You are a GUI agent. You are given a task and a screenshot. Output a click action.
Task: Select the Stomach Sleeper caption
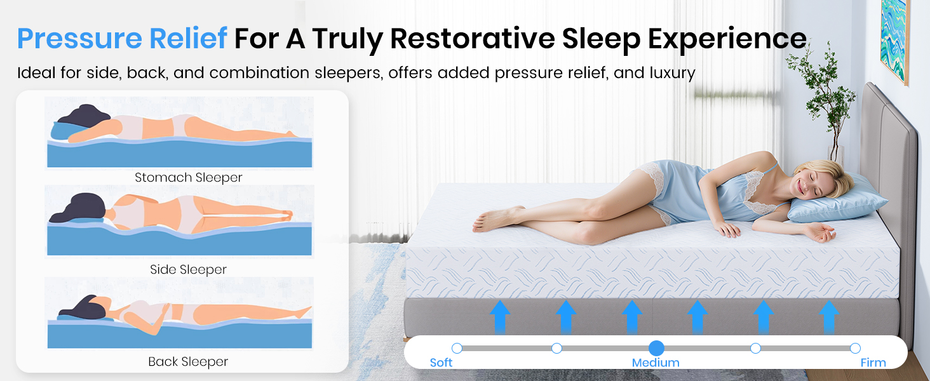[x=189, y=178]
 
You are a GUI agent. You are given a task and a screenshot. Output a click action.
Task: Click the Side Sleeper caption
[x=189, y=270]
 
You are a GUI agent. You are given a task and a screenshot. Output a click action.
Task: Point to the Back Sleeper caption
[x=188, y=362]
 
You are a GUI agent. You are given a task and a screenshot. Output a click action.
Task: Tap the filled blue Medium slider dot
[x=656, y=348]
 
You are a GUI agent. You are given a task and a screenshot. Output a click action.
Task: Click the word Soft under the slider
[x=441, y=363]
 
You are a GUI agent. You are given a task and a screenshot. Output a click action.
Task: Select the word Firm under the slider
[x=873, y=363]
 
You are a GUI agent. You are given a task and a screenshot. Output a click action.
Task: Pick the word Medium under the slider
[x=656, y=363]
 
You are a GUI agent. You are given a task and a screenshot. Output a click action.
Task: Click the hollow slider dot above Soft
[x=457, y=348]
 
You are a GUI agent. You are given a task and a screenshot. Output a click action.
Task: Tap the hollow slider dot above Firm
[x=855, y=348]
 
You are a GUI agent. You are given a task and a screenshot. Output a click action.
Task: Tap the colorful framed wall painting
[x=894, y=39]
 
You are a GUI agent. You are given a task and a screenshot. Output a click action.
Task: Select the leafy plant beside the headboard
[x=828, y=100]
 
